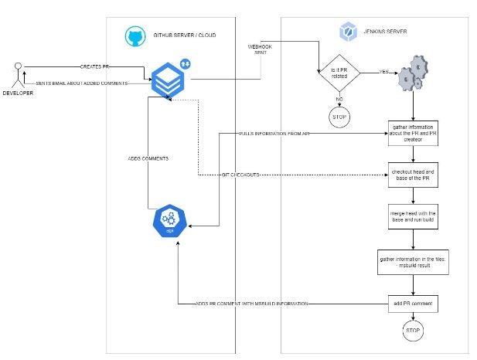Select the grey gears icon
414,73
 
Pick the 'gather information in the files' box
414,260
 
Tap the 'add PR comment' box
414,304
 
